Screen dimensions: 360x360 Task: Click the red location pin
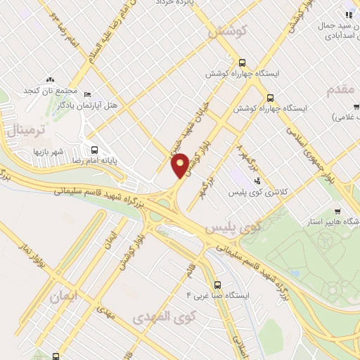pyautogui.click(x=181, y=165)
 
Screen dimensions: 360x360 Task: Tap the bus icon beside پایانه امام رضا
pyautogui.click(x=95, y=149)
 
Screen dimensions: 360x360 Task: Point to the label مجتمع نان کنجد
pyautogui.click(x=51, y=91)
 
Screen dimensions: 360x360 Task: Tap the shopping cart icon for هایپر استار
pyautogui.click(x=337, y=212)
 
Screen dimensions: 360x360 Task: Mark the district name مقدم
pyautogui.click(x=343, y=89)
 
